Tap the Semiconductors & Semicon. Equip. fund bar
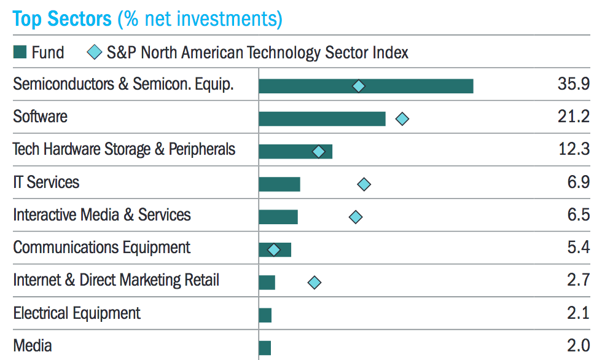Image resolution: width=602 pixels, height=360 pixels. pyautogui.click(x=365, y=86)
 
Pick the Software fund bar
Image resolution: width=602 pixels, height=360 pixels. pyautogui.click(x=322, y=119)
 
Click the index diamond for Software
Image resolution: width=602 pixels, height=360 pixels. pyautogui.click(x=402, y=119)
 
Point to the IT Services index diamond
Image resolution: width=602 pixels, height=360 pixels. pyautogui.click(x=364, y=184)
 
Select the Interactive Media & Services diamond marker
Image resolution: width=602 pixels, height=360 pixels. pyautogui.click(x=355, y=216)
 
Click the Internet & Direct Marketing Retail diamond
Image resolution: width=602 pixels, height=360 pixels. pyautogui.click(x=315, y=282)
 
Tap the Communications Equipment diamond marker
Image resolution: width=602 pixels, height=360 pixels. pyautogui.click(x=274, y=249)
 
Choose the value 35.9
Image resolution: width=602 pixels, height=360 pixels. pyautogui.click(x=574, y=84)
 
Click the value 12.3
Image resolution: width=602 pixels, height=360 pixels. pyautogui.click(x=574, y=149)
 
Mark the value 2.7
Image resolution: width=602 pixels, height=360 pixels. pyautogui.click(x=577, y=280)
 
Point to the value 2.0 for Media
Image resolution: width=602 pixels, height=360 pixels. pyautogui.click(x=577, y=345)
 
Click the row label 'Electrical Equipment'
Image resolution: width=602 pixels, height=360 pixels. pyautogui.click(x=77, y=313)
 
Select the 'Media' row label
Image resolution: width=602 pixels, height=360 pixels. pyautogui.click(x=33, y=346)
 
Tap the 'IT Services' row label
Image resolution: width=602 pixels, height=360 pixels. pyautogui.click(x=46, y=182)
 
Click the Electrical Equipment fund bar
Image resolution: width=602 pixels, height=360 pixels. pyautogui.click(x=265, y=315)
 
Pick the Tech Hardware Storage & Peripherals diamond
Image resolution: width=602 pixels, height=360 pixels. pyautogui.click(x=319, y=151)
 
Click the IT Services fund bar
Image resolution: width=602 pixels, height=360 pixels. pyautogui.click(x=279, y=184)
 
